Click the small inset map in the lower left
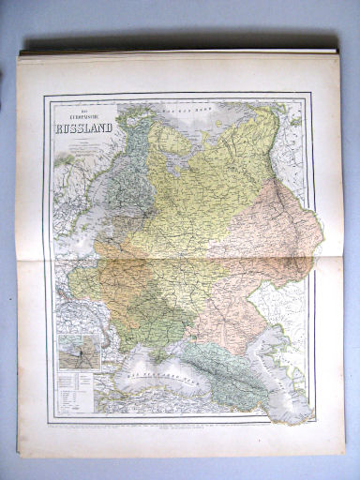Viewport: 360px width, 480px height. [x=78, y=354]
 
